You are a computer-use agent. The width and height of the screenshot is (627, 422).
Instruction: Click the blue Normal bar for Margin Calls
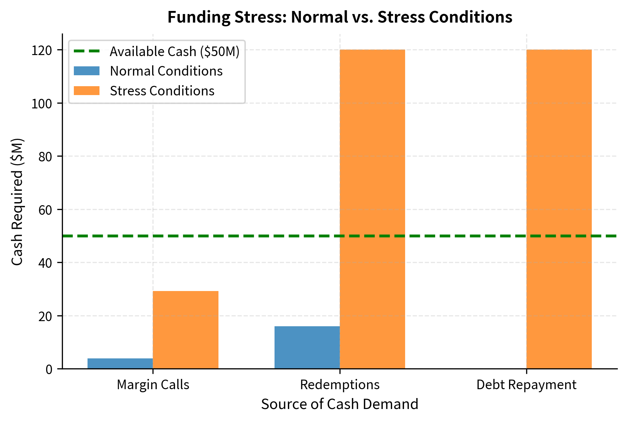tap(120, 364)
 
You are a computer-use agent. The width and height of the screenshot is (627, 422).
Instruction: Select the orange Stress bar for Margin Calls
tap(186, 330)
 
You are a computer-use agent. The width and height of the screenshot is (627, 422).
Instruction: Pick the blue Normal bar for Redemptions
tap(307, 347)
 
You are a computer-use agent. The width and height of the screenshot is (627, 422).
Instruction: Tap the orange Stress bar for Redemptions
tap(372, 209)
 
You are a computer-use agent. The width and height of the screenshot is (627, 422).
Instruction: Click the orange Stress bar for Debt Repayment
tap(559, 209)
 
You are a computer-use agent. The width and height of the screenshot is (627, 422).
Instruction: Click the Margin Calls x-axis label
tap(153, 385)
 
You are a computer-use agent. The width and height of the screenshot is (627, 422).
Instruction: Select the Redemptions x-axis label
tap(339, 385)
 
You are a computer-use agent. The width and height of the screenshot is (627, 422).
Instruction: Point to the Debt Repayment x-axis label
tap(526, 385)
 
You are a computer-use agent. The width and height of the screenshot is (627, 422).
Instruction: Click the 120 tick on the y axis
tap(41, 50)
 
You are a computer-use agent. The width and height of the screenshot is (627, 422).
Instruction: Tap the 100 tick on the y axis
tap(41, 103)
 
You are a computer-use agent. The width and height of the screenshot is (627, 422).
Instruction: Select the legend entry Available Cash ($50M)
tap(174, 52)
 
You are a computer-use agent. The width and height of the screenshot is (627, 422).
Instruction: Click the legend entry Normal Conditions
tap(166, 71)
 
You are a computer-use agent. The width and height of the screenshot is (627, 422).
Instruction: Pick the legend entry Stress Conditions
tap(162, 91)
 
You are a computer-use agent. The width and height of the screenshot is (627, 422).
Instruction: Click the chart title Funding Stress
tap(339, 17)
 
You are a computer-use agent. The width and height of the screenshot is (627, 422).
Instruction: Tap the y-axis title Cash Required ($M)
tap(17, 201)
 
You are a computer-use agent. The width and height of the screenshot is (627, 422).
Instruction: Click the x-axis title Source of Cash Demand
tap(339, 404)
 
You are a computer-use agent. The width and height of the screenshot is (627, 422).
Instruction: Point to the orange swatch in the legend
tap(87, 91)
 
